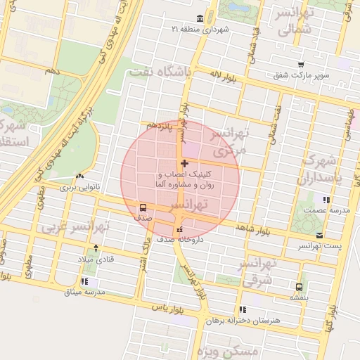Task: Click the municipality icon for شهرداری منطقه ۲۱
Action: click(201, 18)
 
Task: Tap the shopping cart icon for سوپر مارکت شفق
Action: click(300, 65)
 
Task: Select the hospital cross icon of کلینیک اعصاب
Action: click(184, 164)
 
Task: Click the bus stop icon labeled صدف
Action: click(143, 208)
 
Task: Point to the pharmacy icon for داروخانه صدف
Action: click(179, 229)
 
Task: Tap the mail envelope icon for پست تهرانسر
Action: click(320, 235)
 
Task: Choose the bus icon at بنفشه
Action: click(300, 287)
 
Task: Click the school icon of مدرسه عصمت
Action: click(325, 200)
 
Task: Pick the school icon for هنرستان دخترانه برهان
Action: click(243, 309)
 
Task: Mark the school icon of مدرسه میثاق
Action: click(84, 281)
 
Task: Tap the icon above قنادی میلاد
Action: click(96, 248)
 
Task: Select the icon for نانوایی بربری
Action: click(79, 176)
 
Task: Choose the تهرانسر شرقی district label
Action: click(259, 271)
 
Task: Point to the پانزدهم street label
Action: click(160, 124)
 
